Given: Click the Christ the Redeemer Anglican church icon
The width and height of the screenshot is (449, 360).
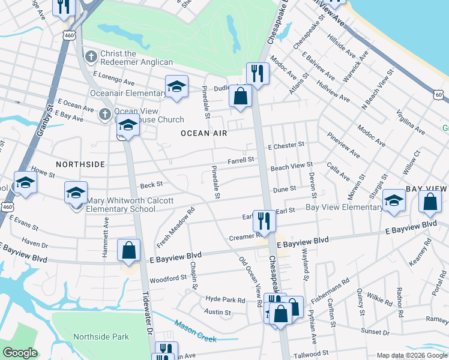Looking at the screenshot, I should coord(91,58).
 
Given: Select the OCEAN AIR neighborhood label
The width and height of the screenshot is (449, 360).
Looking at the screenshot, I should coord(204,133).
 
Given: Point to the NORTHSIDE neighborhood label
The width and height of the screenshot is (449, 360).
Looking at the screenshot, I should coord(80,164).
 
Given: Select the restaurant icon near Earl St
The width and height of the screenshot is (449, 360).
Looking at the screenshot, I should coord(264,220).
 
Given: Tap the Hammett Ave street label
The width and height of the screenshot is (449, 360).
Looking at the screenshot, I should coord(106,237).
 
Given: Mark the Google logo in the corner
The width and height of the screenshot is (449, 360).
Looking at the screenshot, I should coord(20,353).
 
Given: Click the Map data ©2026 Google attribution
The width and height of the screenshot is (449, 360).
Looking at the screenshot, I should coord(412,355).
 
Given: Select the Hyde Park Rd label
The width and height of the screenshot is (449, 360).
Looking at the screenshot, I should coord(226,300).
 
